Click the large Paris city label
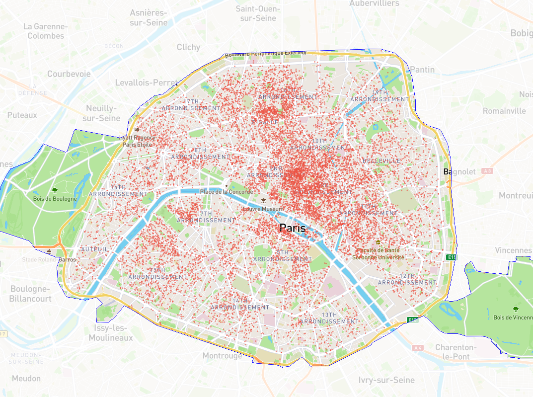point(293,228)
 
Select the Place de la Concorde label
point(227,191)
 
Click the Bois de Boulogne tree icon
point(55,190)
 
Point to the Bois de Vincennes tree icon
point(515,309)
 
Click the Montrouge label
point(222,356)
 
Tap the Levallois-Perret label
point(146,82)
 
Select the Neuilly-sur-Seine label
point(101,113)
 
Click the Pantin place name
point(422,70)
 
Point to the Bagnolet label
point(459,171)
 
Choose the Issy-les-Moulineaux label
point(111,333)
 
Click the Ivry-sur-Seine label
point(386,380)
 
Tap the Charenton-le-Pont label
point(456,352)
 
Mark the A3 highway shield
point(487,171)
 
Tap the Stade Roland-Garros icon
point(49,252)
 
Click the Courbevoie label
point(69,74)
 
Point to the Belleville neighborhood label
point(381,161)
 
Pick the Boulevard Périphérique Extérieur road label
point(266,54)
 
